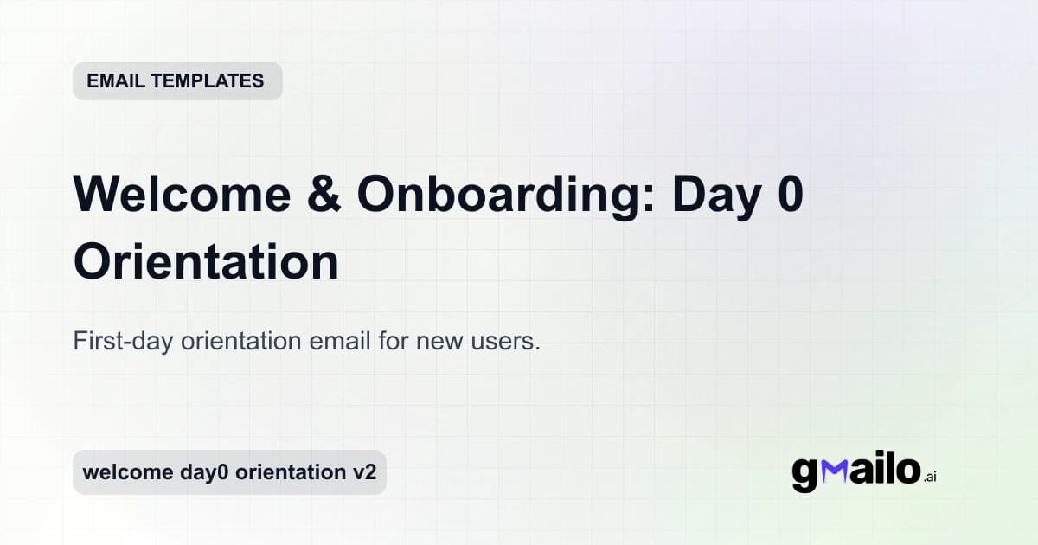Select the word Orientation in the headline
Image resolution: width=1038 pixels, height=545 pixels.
click(206, 262)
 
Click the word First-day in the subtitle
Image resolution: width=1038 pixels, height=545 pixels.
click(123, 342)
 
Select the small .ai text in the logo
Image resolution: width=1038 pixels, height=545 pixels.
click(930, 477)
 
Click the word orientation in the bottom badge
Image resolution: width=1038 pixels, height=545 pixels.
click(291, 472)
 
